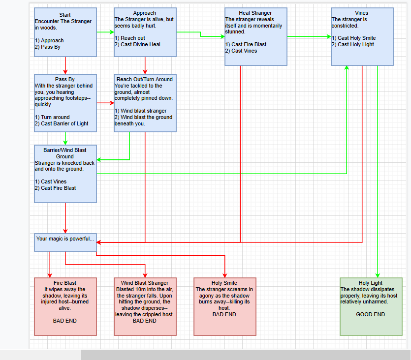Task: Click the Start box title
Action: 65,15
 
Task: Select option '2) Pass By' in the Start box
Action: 48,47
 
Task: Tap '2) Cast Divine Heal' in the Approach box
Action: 137,45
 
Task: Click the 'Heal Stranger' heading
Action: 255,13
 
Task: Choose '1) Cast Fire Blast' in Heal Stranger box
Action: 246,45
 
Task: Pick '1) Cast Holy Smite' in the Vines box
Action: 353,38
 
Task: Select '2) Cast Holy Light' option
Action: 353,45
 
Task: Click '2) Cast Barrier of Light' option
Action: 62,123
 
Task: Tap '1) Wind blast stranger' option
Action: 140,111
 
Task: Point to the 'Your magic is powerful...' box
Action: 65,242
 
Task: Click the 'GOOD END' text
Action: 370,314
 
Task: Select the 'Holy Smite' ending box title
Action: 224,283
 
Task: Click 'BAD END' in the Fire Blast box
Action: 65,321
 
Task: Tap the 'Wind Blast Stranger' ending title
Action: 145,283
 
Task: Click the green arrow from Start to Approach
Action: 105,32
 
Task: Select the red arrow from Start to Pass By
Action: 65,65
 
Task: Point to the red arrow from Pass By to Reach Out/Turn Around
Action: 105,103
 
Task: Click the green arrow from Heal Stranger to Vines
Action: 309,37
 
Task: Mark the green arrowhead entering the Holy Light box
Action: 378,275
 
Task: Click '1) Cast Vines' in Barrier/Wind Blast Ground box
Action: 51,181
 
